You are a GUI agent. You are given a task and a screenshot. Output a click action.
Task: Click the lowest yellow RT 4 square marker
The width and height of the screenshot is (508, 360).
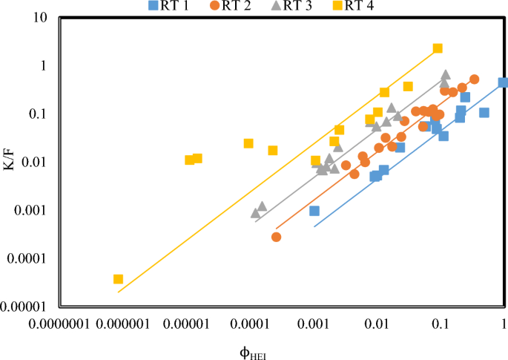(118, 279)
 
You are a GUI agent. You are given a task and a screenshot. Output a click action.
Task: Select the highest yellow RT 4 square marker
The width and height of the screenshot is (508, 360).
(438, 48)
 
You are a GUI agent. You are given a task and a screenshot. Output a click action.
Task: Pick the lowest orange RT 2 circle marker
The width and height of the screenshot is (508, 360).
(276, 237)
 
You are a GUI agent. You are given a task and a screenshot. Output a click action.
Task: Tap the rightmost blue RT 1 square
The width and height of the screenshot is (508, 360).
(503, 82)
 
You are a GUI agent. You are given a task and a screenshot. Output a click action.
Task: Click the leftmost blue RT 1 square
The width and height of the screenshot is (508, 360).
(314, 211)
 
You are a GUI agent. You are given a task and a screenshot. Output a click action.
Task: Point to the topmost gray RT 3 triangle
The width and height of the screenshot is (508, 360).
(446, 75)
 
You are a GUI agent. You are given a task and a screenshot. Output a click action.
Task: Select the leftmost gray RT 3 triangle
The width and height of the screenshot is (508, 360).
(255, 213)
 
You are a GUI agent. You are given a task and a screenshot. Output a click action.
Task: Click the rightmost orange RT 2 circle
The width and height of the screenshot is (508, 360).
(474, 79)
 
